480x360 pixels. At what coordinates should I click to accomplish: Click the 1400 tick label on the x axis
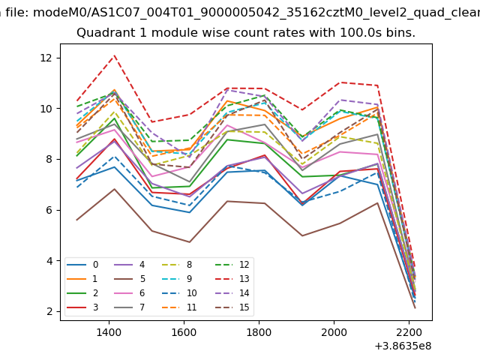pyautogui.click(x=109, y=331)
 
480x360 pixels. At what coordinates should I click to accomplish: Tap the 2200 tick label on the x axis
pyautogui.click(x=409, y=331)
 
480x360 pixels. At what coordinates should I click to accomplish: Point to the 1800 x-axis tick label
pyautogui.click(x=259, y=331)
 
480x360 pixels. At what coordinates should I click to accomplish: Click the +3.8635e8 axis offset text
pyautogui.click(x=403, y=346)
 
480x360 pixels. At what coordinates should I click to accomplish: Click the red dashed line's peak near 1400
pyautogui.click(x=114, y=55)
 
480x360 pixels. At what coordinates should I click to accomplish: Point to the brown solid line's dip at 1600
pyautogui.click(x=190, y=241)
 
